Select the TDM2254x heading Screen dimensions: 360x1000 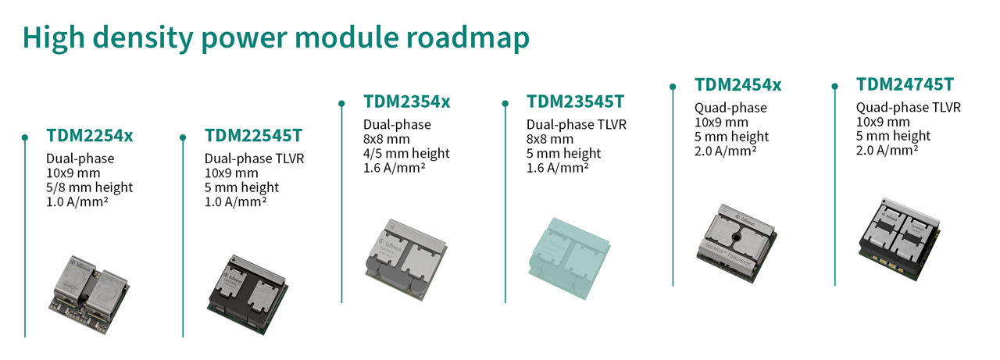click(x=89, y=135)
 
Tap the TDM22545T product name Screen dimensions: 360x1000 click(x=252, y=135)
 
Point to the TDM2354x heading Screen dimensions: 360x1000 click(x=407, y=102)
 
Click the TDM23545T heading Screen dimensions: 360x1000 click(x=576, y=102)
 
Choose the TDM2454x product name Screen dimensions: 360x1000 click(x=738, y=84)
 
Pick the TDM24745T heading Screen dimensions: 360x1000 click(x=905, y=84)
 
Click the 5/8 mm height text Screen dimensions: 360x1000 click(x=89, y=187)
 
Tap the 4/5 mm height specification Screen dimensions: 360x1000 click(x=406, y=154)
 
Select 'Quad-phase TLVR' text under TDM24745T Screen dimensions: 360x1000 click(x=908, y=108)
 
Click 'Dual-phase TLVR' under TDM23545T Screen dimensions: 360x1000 click(x=577, y=125)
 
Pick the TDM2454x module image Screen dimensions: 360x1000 click(x=737, y=237)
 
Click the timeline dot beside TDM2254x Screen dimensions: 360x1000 click(x=24, y=136)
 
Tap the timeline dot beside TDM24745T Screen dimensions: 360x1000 click(x=834, y=86)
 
